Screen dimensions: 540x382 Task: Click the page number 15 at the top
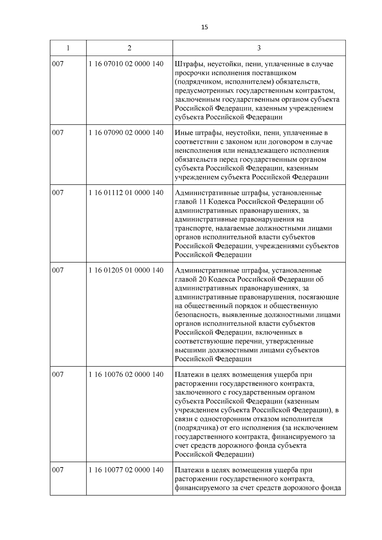(205, 27)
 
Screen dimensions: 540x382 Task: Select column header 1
(68, 48)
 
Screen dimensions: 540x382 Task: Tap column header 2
(129, 48)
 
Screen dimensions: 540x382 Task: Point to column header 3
(259, 48)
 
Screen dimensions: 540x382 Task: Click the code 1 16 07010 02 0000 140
(126, 64)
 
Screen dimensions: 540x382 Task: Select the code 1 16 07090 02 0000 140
(126, 133)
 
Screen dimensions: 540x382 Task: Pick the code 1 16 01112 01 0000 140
(126, 193)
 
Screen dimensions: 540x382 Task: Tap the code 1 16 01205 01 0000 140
(126, 270)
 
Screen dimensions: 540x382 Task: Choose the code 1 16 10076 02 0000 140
(126, 375)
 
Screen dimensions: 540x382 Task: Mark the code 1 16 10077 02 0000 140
(126, 470)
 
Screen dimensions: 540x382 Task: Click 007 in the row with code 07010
(58, 64)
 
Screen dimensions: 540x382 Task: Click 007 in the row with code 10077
(58, 470)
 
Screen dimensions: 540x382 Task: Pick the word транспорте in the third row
(194, 228)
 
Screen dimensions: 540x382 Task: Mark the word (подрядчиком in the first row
(195, 82)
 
